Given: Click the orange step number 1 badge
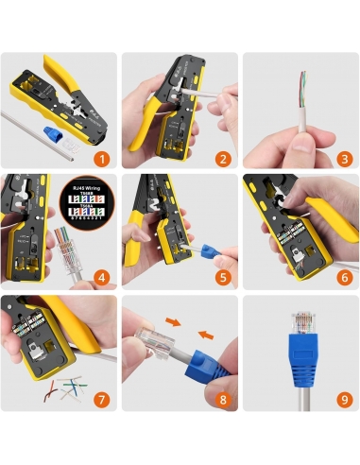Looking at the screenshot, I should click(x=102, y=160).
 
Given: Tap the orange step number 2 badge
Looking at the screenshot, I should click(x=223, y=160).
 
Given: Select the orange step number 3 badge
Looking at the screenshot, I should click(x=344, y=160).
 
